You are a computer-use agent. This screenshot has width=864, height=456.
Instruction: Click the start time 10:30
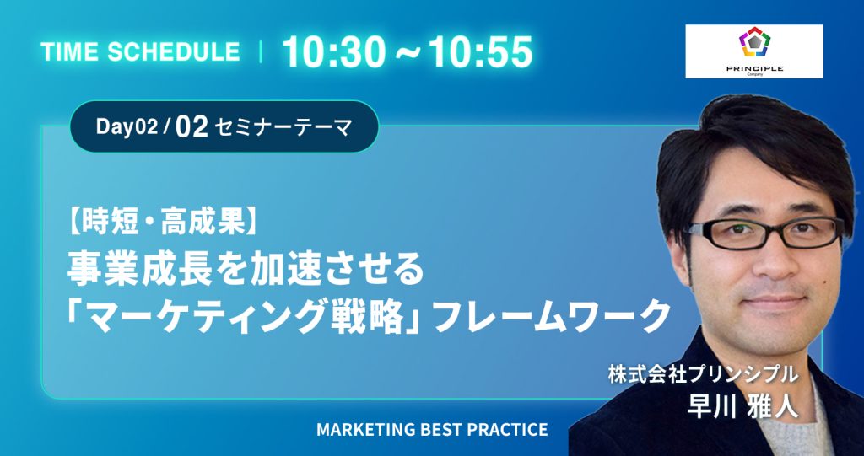click(334, 52)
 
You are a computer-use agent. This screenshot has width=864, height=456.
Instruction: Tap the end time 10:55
click(481, 52)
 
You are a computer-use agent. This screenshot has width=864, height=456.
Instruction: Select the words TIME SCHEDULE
click(141, 52)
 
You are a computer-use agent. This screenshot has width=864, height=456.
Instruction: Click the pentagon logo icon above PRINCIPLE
click(754, 42)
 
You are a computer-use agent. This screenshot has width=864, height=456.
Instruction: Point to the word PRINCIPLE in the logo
click(754, 68)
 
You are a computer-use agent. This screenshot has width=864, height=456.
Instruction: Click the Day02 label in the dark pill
click(127, 127)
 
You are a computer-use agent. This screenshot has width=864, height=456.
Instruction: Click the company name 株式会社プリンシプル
click(704, 374)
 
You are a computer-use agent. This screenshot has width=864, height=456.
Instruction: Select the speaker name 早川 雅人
click(742, 408)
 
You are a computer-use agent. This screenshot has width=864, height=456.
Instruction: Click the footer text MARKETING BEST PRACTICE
click(432, 430)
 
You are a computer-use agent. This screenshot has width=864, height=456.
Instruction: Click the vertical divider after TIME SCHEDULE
click(260, 52)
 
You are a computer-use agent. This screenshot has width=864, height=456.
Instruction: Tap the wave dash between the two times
click(408, 53)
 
